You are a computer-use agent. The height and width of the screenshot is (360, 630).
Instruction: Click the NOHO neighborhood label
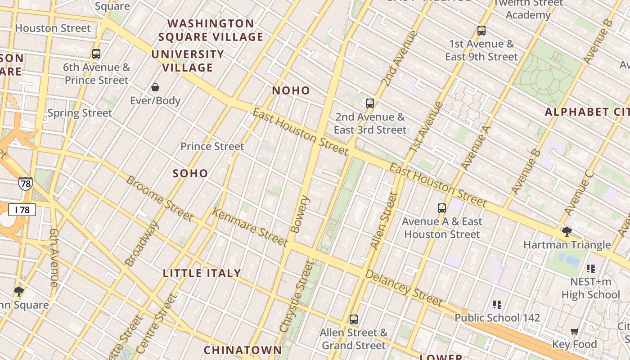click(291, 90)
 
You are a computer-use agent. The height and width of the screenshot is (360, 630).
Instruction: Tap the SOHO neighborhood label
click(190, 173)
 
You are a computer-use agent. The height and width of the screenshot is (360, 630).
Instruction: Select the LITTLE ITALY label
click(202, 273)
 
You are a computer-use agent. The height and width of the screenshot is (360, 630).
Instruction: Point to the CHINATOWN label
click(243, 350)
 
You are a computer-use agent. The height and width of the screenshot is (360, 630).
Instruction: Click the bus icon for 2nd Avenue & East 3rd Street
click(370, 103)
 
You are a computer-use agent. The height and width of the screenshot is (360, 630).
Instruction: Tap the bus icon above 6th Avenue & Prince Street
click(96, 54)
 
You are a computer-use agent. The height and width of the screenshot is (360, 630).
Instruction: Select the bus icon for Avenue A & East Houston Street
click(442, 208)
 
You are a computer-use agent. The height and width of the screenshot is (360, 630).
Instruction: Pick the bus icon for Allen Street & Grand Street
click(354, 319)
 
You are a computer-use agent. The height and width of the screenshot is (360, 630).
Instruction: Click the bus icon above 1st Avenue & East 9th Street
click(481, 31)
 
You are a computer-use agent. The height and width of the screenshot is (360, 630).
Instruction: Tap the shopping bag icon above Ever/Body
click(155, 87)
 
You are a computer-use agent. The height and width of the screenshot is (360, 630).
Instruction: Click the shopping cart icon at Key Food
click(574, 332)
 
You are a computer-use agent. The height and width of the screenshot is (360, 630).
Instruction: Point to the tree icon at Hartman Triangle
click(567, 232)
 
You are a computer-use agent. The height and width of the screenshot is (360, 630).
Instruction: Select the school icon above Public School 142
click(497, 305)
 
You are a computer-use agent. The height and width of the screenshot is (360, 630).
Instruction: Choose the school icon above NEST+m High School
click(591, 269)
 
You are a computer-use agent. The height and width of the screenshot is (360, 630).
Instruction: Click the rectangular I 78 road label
click(22, 210)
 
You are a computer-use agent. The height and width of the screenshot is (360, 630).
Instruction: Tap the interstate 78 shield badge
click(25, 184)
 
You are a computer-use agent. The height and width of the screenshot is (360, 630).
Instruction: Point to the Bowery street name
click(300, 214)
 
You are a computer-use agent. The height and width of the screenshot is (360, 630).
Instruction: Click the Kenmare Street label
click(250, 227)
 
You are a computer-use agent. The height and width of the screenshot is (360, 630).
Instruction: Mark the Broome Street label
click(159, 198)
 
